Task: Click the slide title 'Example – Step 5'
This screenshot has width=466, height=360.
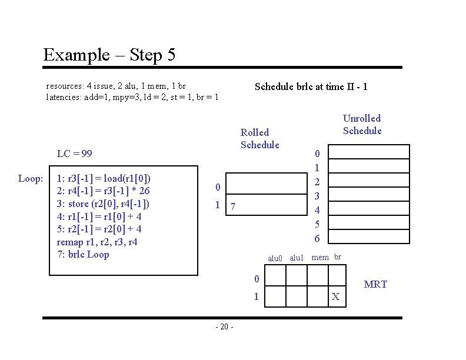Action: (109, 55)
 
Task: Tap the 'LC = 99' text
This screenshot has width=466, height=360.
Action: (74, 154)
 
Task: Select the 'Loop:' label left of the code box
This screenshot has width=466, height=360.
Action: (30, 178)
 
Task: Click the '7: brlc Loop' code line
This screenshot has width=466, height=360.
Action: (83, 254)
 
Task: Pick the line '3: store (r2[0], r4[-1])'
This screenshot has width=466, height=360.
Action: (103, 204)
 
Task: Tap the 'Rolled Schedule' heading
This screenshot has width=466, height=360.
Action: (259, 139)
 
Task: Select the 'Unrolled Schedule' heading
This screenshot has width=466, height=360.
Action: (362, 125)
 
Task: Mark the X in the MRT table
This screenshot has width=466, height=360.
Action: (335, 296)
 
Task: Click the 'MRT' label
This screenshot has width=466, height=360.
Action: (375, 284)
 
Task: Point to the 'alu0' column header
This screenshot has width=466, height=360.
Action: (275, 258)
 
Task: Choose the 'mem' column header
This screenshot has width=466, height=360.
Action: (320, 257)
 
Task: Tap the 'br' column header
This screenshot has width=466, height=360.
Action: (338, 256)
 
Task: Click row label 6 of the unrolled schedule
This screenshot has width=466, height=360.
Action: (317, 238)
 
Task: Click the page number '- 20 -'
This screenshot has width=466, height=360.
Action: (224, 326)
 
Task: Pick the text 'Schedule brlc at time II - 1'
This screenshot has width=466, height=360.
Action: (311, 86)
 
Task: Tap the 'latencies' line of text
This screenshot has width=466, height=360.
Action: (132, 97)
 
